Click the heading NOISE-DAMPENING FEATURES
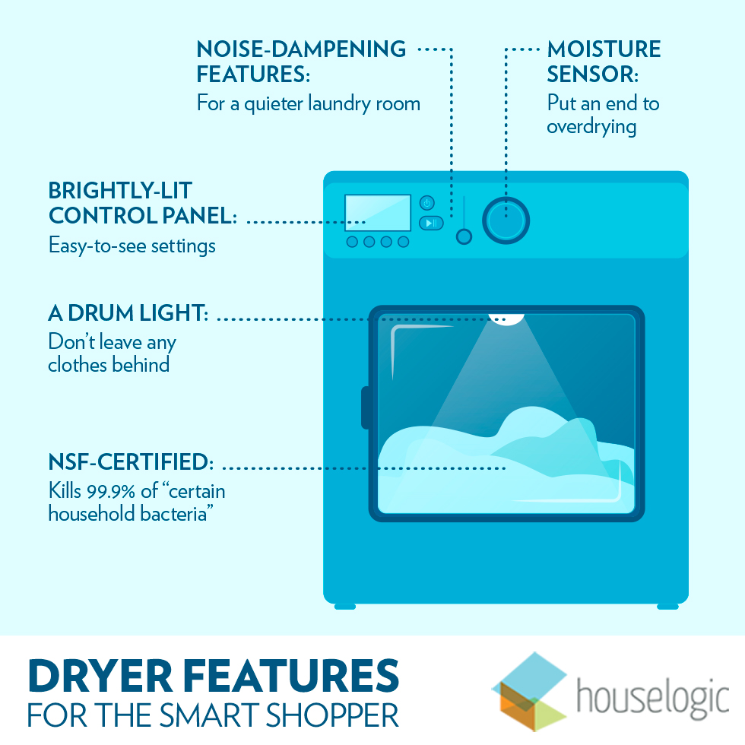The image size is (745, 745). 301,62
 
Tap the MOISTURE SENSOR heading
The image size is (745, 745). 604,62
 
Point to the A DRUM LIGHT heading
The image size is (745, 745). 128,312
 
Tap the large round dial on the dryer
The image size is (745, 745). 506,220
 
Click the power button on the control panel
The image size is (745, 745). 427,202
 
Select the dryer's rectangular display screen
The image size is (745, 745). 378,213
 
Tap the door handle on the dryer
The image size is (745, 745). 366,407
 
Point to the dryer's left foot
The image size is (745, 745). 345,606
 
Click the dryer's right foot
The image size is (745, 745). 667,606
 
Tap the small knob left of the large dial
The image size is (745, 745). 464,236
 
